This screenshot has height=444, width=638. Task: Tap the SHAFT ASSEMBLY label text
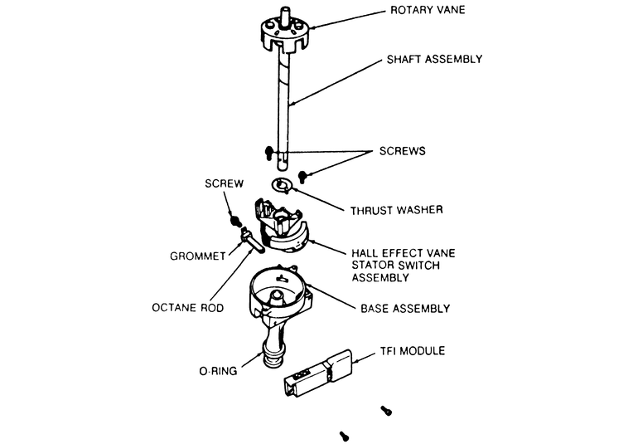[x=435, y=59]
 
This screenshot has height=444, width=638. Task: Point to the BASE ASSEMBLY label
[x=405, y=308]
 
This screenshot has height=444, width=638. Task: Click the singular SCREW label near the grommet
[x=225, y=185]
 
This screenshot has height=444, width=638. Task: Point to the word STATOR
[x=372, y=266]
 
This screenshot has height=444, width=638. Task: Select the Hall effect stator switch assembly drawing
[x=283, y=228]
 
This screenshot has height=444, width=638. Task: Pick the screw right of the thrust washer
[x=304, y=175]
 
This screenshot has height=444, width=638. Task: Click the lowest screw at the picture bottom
[x=344, y=435]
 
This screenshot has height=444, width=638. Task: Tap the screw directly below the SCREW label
[x=234, y=220]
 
